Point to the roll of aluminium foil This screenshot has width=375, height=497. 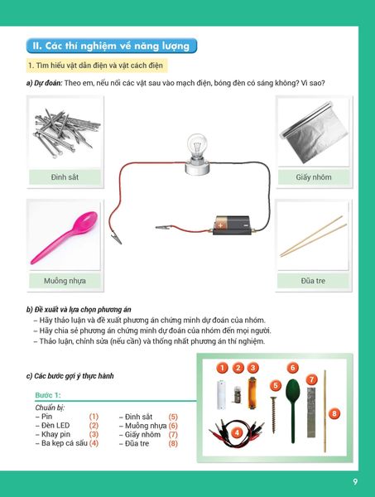pos(313,128)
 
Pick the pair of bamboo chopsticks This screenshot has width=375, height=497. pos(312,236)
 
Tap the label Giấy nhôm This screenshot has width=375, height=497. pos(314,176)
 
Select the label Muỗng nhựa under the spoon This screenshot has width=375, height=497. pos(65,281)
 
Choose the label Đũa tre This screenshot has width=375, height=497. pos(314,281)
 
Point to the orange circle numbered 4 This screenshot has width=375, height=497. pos(238,432)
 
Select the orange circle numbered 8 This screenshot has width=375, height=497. pos(334,413)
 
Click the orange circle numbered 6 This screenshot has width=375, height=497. pos(292,367)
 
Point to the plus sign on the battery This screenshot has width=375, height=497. pos(219,221)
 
